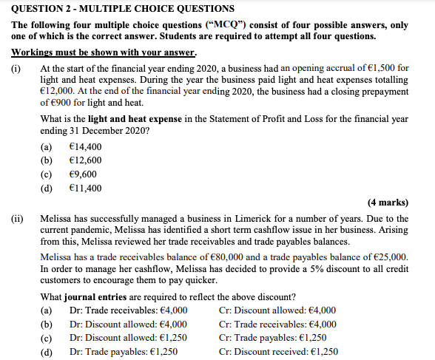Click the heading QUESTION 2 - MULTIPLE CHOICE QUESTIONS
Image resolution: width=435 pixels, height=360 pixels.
(123, 9)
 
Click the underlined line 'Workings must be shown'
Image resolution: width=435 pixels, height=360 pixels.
(104, 52)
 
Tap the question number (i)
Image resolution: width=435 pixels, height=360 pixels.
(16, 68)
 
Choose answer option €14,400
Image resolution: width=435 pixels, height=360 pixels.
(84, 146)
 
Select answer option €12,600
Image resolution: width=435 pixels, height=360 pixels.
(84, 160)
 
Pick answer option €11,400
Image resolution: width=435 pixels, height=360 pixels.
(84, 188)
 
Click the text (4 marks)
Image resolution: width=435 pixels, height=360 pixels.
(387, 203)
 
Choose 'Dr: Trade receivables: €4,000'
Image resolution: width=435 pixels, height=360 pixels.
(128, 310)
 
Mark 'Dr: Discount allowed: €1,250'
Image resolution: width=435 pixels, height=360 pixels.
(127, 338)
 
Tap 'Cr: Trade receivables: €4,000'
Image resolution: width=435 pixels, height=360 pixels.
(278, 324)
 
